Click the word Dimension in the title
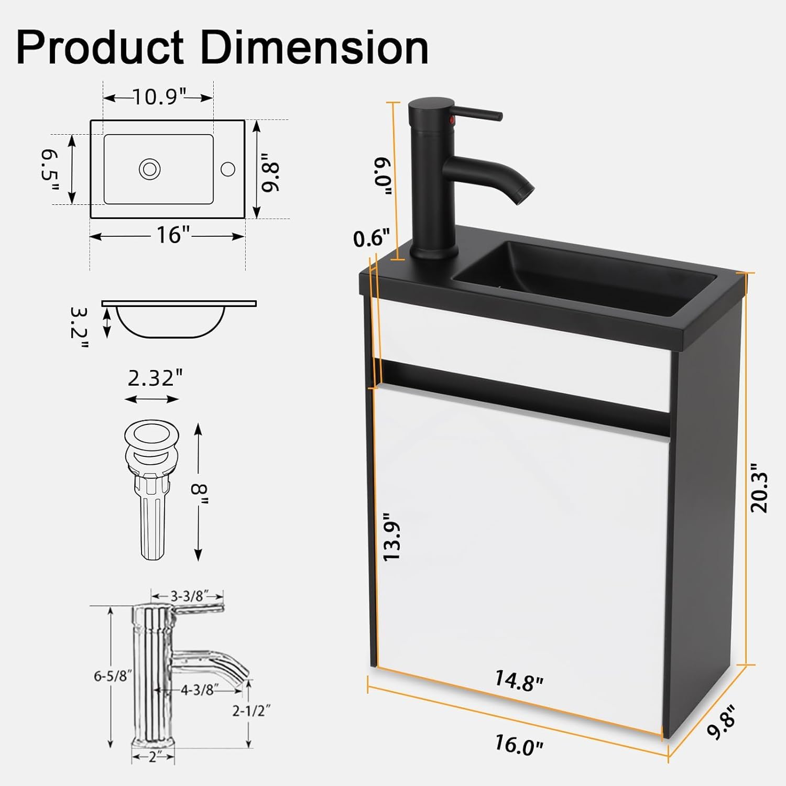[314, 48]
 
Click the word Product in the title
[100, 48]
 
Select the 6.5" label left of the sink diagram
[50, 170]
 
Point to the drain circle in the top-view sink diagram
[149, 169]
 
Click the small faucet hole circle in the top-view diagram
[228, 169]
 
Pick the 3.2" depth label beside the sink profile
[79, 329]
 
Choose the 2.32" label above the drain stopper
[156, 378]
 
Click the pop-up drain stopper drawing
[152, 489]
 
